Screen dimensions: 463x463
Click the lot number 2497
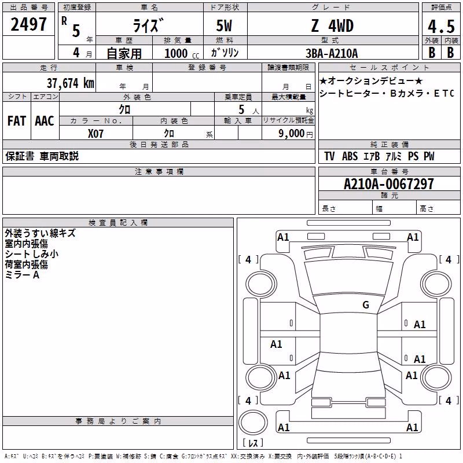[28, 24]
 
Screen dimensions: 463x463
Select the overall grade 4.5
[441, 26]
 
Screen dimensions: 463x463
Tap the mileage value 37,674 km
[71, 83]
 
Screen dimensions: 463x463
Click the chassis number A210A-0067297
[389, 184]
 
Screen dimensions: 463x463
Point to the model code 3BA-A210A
[332, 53]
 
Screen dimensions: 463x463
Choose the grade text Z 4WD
[332, 25]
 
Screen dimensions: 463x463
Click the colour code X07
[95, 134]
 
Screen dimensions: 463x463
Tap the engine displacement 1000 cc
[182, 53]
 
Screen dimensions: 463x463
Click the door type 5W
[224, 25]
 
